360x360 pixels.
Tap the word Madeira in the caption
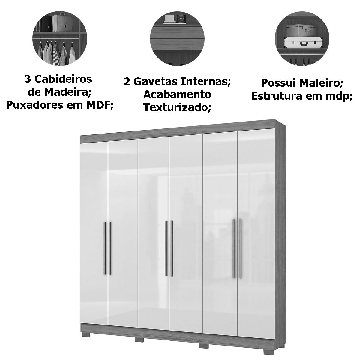tap(68, 92)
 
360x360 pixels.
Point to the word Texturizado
tap(177, 107)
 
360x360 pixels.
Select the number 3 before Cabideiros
tap(28, 79)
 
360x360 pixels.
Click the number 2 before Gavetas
tap(127, 82)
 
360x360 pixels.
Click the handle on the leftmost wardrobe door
tap(104, 248)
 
